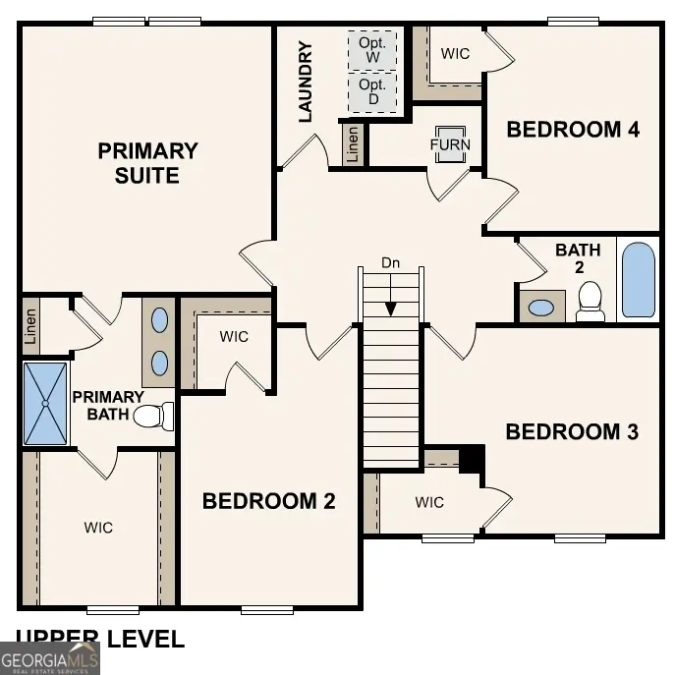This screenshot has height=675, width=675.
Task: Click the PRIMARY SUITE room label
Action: pyautogui.click(x=147, y=163)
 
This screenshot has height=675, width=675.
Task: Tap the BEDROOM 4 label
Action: pyautogui.click(x=573, y=129)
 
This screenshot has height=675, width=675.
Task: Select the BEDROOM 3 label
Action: pyautogui.click(x=572, y=431)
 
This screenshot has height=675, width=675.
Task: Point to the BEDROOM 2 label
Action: pyautogui.click(x=268, y=501)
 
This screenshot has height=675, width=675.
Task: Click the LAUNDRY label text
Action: pyautogui.click(x=305, y=82)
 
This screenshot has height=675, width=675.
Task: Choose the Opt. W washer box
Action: pyautogui.click(x=373, y=50)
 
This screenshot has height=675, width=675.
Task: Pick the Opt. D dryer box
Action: pyautogui.click(x=373, y=92)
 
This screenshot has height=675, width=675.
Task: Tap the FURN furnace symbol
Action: pyautogui.click(x=450, y=144)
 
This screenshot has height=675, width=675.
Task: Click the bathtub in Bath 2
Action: pyautogui.click(x=638, y=279)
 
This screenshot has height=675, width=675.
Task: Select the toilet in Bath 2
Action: pyautogui.click(x=590, y=302)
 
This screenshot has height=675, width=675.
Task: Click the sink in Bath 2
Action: pyautogui.click(x=541, y=307)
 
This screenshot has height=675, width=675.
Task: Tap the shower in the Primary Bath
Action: pyautogui.click(x=45, y=404)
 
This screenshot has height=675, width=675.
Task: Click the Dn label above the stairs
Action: pyautogui.click(x=391, y=263)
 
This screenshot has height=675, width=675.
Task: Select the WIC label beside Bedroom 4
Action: pyautogui.click(x=455, y=54)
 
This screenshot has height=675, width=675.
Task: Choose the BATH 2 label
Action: pyautogui.click(x=578, y=258)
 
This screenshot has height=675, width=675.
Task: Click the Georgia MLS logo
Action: pyautogui.click(x=49, y=657)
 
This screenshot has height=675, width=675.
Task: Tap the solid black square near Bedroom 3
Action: pyautogui.click(x=473, y=458)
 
